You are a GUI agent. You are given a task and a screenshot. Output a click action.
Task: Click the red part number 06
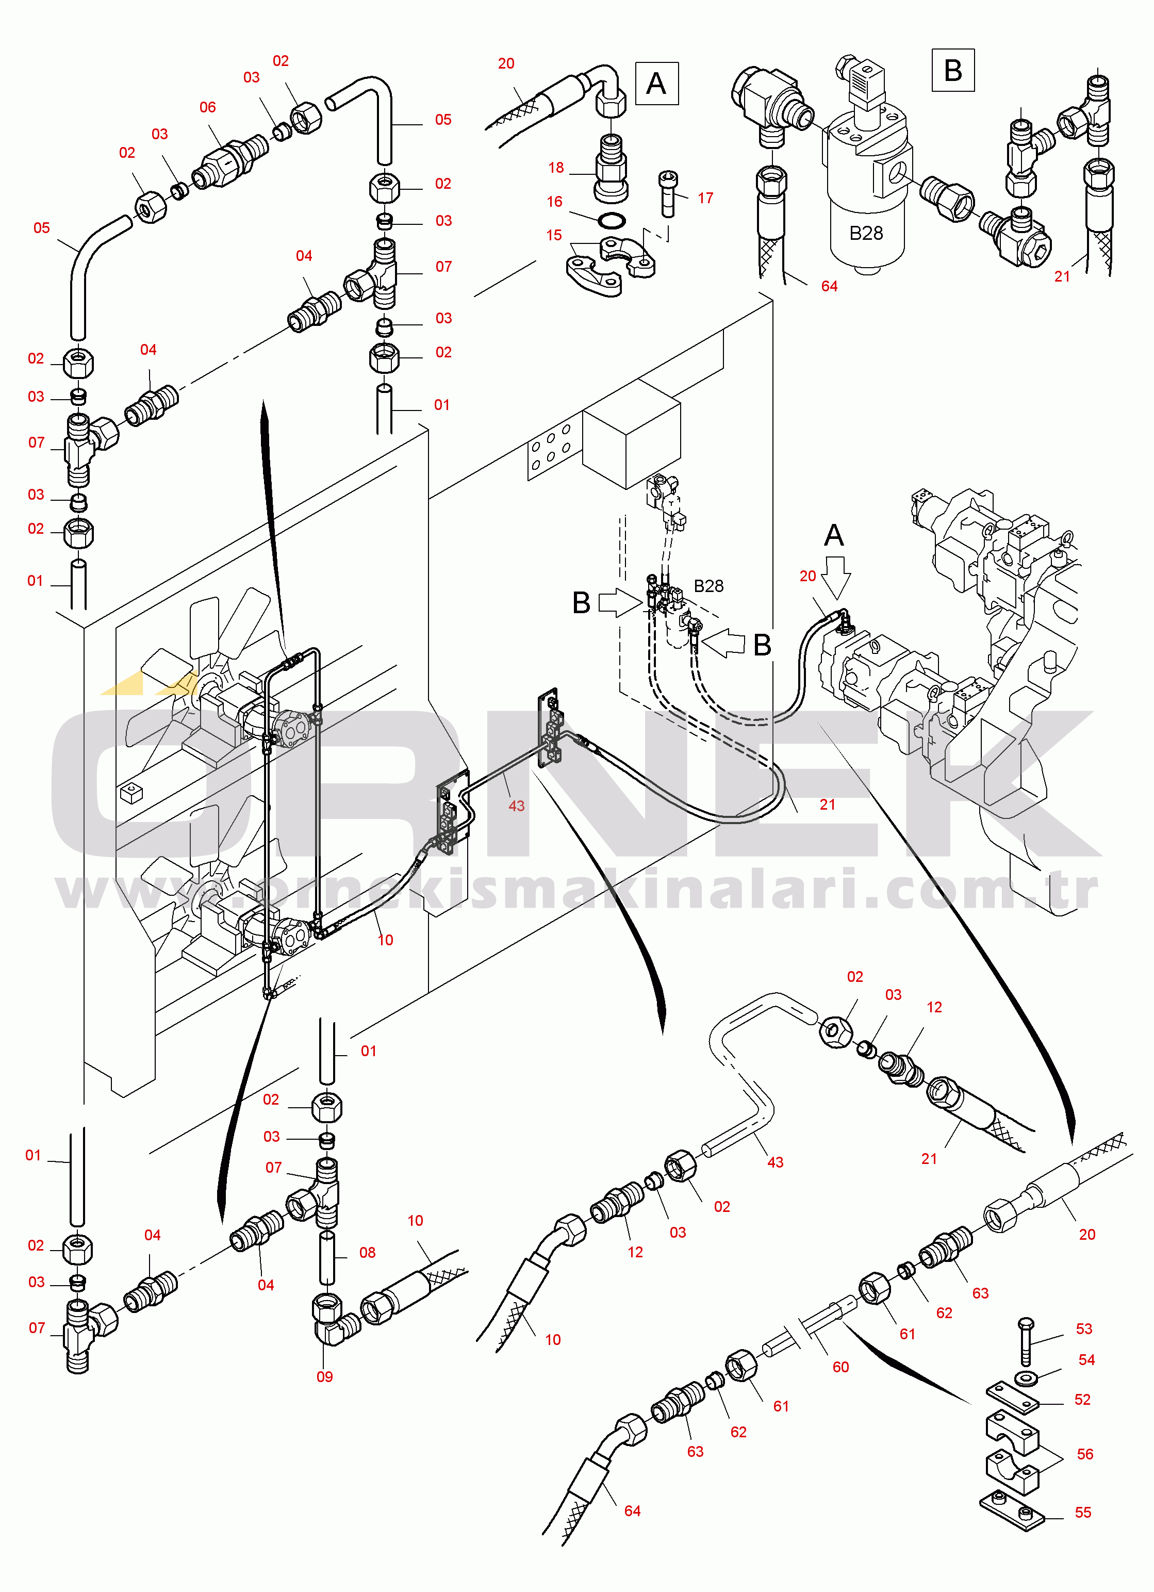click(x=208, y=107)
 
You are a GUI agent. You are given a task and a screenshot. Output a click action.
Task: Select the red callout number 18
click(x=556, y=168)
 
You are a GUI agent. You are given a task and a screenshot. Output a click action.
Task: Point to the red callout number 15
click(x=554, y=235)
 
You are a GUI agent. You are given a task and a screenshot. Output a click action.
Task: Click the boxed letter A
click(x=656, y=84)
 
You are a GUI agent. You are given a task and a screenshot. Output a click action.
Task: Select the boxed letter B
click(x=952, y=70)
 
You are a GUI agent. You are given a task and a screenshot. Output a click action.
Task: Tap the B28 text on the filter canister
click(x=866, y=234)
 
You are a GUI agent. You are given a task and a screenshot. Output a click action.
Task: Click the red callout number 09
click(x=324, y=1376)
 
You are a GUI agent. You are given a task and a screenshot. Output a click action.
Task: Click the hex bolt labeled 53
click(x=1025, y=1341)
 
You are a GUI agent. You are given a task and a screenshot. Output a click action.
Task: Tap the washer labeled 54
click(x=1028, y=1376)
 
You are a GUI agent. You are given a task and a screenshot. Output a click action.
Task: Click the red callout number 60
click(x=840, y=1367)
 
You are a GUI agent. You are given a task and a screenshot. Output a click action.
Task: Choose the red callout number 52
click(x=1082, y=1400)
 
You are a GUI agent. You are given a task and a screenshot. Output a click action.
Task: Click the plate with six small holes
click(x=550, y=450)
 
